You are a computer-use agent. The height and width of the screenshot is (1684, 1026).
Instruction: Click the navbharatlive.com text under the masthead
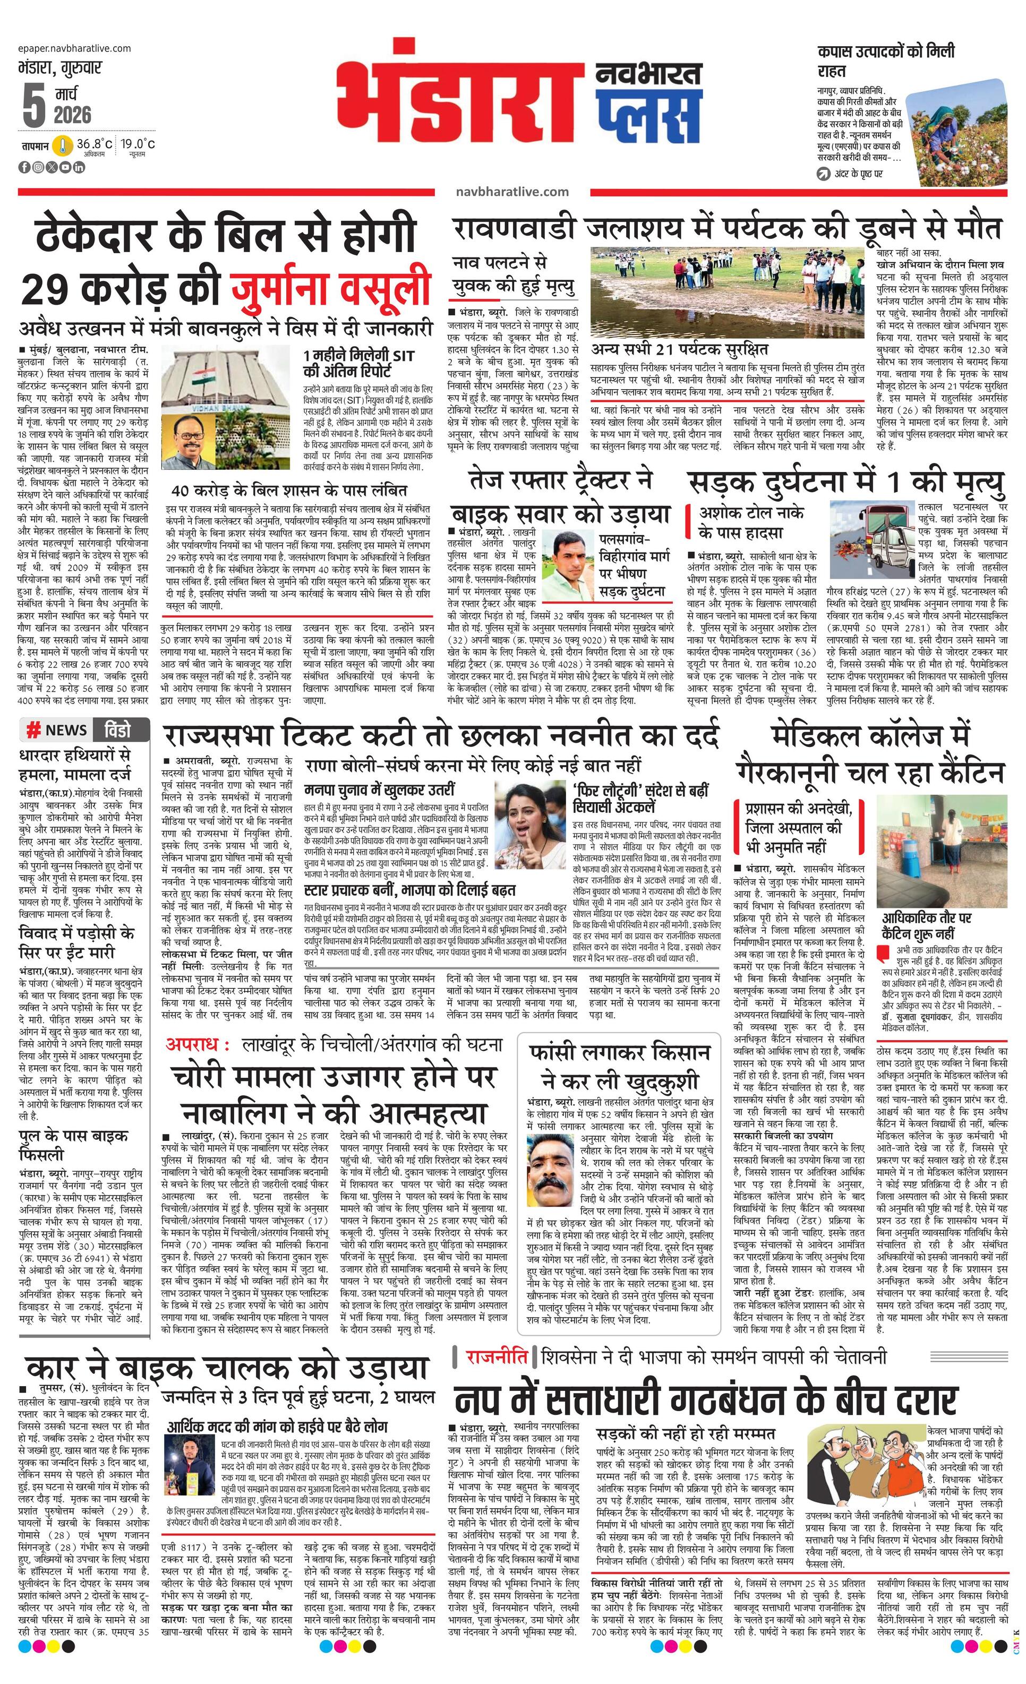512,192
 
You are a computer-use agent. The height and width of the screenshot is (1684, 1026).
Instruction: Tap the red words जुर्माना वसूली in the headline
331,288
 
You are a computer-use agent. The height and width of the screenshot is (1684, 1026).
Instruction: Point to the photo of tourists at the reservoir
729,295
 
